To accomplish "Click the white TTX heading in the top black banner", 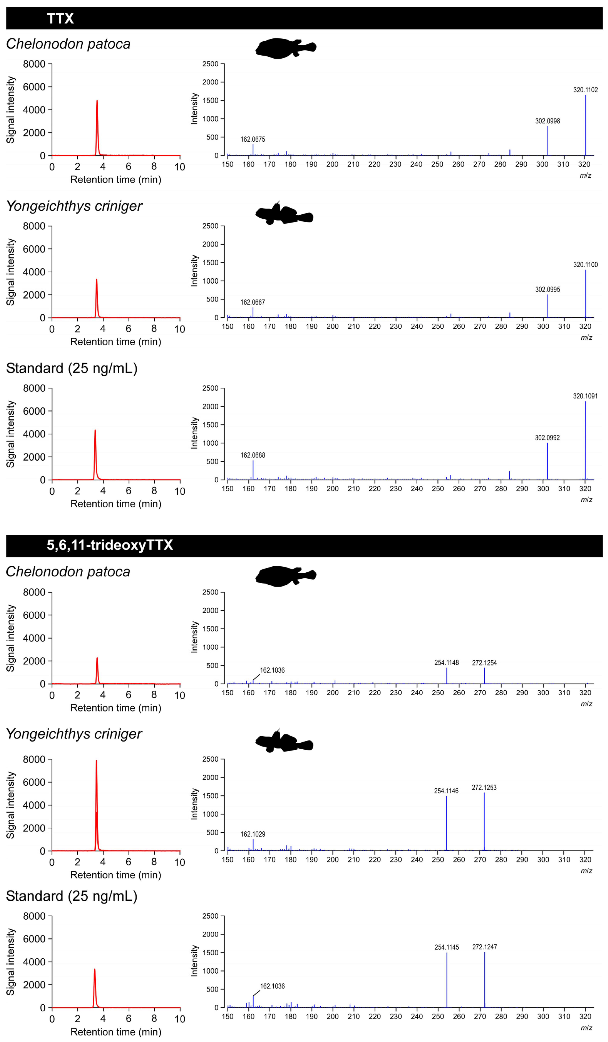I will tap(60, 19).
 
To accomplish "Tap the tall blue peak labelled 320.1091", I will tap(585, 442).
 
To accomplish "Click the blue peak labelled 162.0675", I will tap(253, 150).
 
